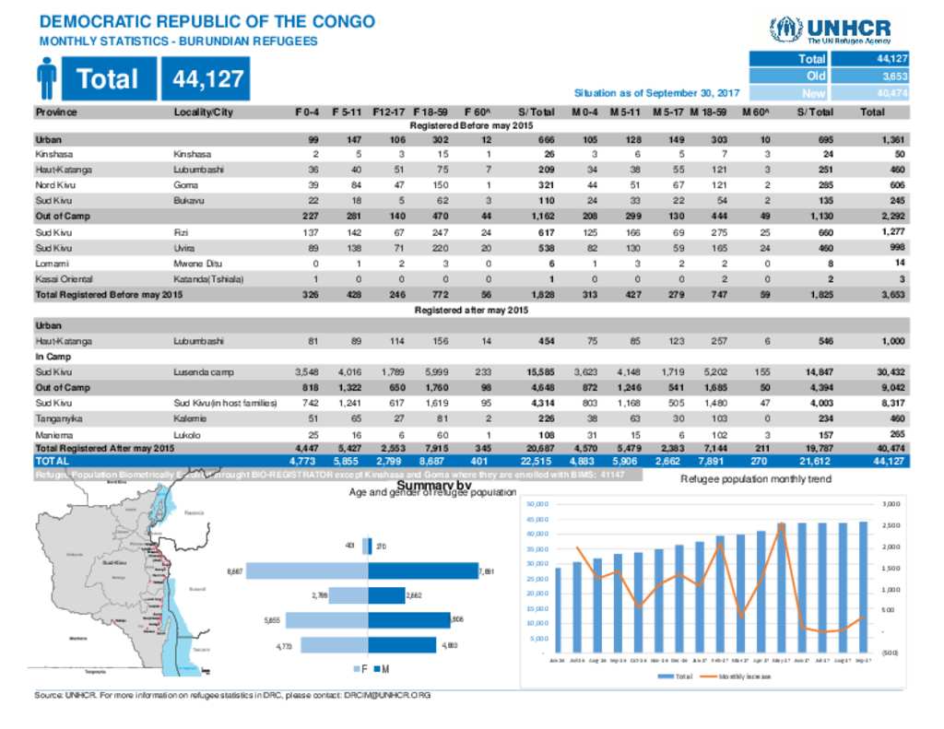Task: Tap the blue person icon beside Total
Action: click(48, 79)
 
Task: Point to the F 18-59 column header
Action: click(431, 112)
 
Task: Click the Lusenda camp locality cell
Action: click(205, 371)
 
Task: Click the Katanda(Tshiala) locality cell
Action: click(208, 278)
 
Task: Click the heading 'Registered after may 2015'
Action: click(471, 311)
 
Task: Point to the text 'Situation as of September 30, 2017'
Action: click(656, 93)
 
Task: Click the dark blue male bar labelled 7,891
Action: click(424, 572)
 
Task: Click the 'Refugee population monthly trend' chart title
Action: click(755, 479)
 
